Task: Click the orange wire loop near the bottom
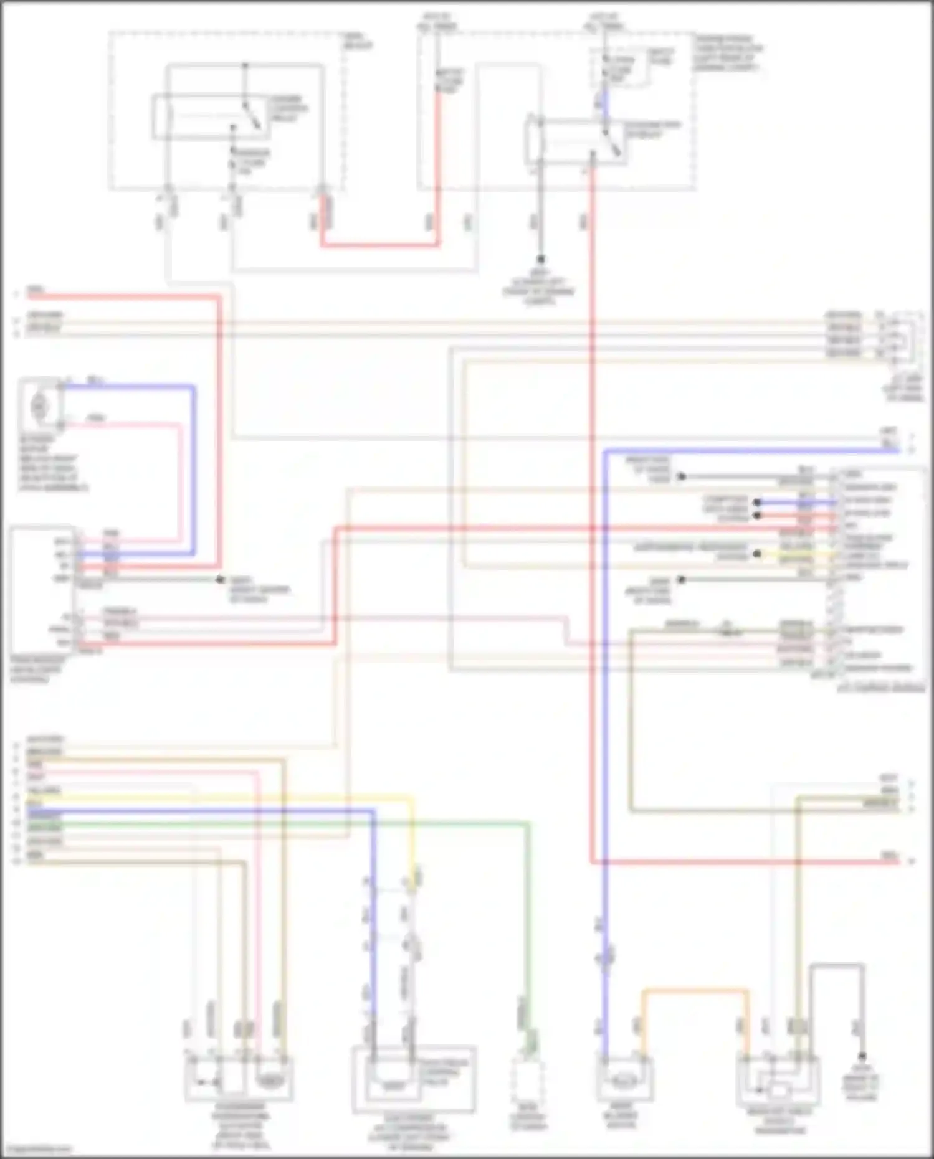point(695,990)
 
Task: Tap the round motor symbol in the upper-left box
point(39,407)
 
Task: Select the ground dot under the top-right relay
point(541,259)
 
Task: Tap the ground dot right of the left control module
point(219,580)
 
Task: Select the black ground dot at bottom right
point(863,1057)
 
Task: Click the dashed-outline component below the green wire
point(527,1084)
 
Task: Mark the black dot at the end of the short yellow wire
point(757,554)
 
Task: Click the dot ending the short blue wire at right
point(757,502)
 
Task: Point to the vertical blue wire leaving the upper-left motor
point(194,467)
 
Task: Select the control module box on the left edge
point(42,590)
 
